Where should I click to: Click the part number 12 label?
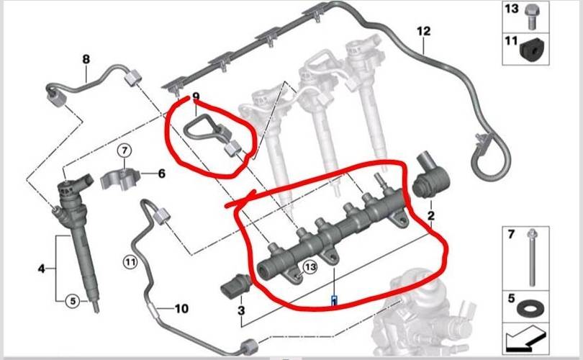pyautogui.click(x=423, y=31)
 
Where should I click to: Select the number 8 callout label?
pyautogui.click(x=86, y=59)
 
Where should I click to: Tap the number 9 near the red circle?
pyautogui.click(x=196, y=97)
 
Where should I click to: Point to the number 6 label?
pyautogui.click(x=162, y=174)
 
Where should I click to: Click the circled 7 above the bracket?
pyautogui.click(x=125, y=150)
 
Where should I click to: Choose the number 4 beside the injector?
pyautogui.click(x=41, y=268)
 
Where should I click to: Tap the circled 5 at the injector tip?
pyautogui.click(x=73, y=301)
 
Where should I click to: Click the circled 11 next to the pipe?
pyautogui.click(x=130, y=263)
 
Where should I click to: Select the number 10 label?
pyautogui.click(x=181, y=309)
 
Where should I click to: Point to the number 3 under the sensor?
pyautogui.click(x=241, y=310)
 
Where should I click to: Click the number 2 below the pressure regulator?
pyautogui.click(x=431, y=215)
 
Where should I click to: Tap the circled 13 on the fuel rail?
pyautogui.click(x=309, y=266)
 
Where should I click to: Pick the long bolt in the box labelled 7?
pyautogui.click(x=532, y=257)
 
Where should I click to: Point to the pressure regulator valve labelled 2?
pyautogui.click(x=431, y=174)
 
